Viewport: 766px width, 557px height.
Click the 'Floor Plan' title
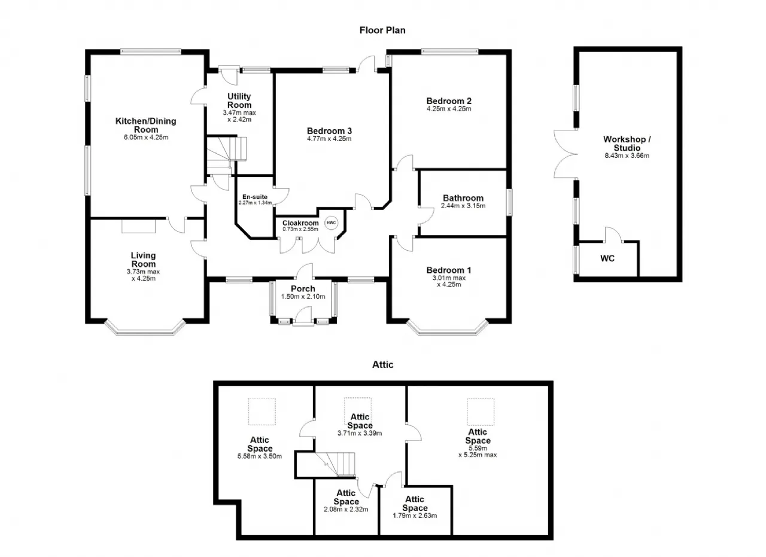click(382, 31)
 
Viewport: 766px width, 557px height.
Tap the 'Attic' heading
click(382, 365)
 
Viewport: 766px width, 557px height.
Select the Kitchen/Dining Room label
click(145, 125)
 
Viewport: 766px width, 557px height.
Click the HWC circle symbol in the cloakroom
click(331, 223)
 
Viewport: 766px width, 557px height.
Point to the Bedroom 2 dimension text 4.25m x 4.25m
click(449, 109)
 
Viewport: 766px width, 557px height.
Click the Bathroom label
click(463, 198)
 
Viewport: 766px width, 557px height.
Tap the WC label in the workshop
click(607, 258)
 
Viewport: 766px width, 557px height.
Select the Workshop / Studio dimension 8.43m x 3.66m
click(627, 156)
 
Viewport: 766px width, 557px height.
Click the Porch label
click(303, 288)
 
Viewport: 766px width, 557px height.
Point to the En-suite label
click(255, 197)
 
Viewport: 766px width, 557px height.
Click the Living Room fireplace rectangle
click(138, 226)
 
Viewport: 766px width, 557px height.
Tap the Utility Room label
click(239, 101)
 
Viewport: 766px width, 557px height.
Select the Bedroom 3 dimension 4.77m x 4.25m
click(329, 139)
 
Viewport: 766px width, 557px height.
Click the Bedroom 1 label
click(449, 270)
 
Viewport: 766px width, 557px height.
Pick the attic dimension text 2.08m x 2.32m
click(346, 510)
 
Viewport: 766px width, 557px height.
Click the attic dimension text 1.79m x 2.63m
click(415, 516)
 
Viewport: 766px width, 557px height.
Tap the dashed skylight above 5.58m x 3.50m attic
click(262, 412)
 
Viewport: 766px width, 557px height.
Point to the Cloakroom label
click(300, 223)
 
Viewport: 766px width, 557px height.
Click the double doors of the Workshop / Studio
click(565, 154)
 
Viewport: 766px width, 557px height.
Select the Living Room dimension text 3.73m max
click(143, 272)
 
